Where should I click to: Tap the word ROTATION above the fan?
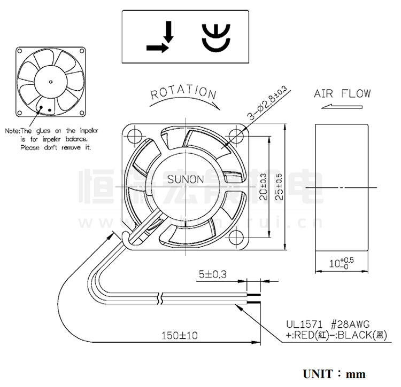183,93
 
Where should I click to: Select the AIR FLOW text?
342,94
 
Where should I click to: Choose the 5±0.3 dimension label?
213,275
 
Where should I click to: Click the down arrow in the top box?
169,32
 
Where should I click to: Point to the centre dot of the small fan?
50,82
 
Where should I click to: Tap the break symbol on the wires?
160,296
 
